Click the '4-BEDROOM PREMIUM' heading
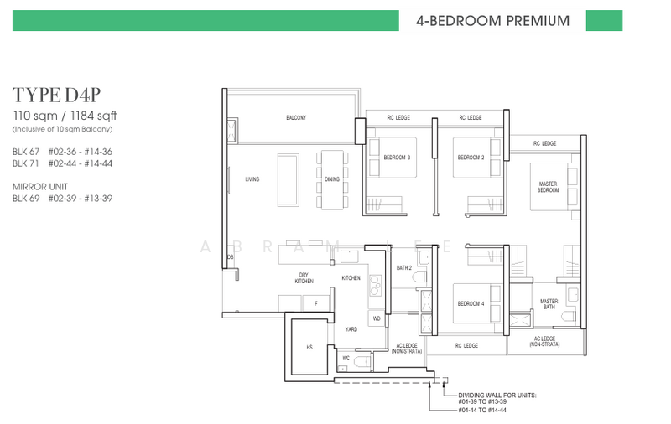coord(492,20)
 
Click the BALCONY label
coord(294,118)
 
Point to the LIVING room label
coord(252,179)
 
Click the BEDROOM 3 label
coord(397,158)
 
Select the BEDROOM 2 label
coord(470,158)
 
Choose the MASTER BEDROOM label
coord(548,187)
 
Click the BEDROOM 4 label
coord(470,303)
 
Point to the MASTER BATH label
coord(549,304)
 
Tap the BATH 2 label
coord(404,267)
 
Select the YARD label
coord(351,329)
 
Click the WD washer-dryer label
coord(376,318)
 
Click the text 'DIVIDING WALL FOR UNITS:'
coord(499,395)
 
